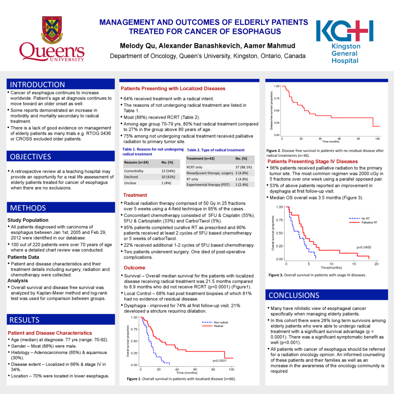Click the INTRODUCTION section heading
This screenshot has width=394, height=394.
pyautogui.click(x=37, y=85)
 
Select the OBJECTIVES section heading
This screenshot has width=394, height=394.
pyautogui.click(x=31, y=156)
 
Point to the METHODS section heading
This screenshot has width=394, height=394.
pyautogui.click(x=28, y=208)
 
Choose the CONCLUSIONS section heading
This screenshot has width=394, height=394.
pyautogui.click(x=293, y=295)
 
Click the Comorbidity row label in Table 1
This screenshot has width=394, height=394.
pyautogui.click(x=134, y=171)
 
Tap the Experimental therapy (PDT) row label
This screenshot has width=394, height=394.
pyautogui.click(x=208, y=185)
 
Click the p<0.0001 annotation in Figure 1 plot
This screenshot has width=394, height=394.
pyautogui.click(x=220, y=360)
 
